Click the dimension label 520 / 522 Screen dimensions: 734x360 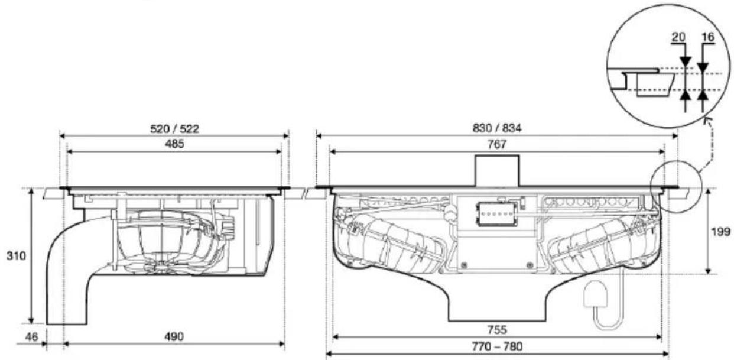coord(175,128)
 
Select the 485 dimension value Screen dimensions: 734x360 coord(174,144)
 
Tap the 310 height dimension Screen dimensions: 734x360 coord(16,256)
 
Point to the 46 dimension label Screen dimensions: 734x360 coord(31,337)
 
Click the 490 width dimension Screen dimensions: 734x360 coord(174,337)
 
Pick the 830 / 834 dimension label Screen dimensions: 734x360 coord(497,128)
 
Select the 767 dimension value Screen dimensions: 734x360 coord(497,144)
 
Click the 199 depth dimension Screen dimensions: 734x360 coord(721,232)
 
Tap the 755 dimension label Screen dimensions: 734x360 coord(497,329)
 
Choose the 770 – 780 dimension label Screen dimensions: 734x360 coord(497,346)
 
